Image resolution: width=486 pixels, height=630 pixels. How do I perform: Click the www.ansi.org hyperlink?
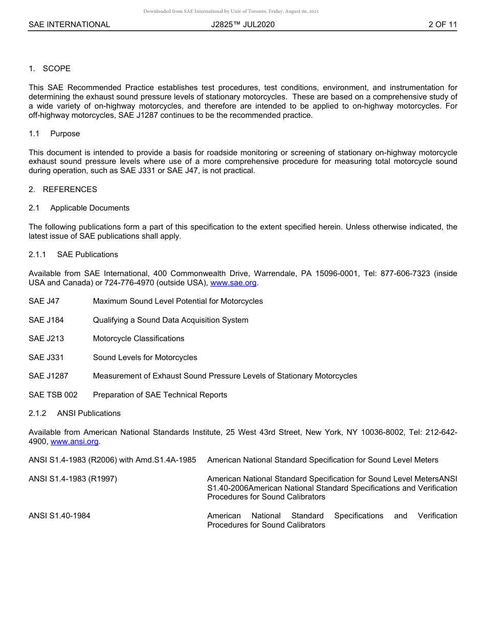click(x=75, y=442)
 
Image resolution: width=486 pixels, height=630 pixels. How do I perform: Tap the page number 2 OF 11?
click(x=443, y=25)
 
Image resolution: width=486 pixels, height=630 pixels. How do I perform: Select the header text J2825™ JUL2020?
click(x=242, y=25)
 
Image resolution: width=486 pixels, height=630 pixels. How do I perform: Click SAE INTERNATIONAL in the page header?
click(x=69, y=25)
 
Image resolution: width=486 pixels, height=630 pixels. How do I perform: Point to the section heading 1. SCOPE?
click(x=50, y=69)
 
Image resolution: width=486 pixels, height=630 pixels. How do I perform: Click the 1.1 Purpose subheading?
click(x=54, y=134)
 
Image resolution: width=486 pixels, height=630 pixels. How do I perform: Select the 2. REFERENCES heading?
click(x=62, y=190)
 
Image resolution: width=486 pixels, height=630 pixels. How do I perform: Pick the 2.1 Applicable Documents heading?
click(x=79, y=208)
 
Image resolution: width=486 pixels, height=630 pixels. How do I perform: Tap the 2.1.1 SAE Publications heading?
click(x=73, y=255)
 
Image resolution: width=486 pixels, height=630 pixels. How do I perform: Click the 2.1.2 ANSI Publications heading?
click(x=75, y=413)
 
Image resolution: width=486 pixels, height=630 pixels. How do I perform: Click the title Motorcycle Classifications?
click(x=138, y=339)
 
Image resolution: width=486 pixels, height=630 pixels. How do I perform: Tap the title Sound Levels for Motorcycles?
click(x=145, y=358)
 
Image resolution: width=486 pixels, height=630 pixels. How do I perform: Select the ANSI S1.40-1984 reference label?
click(x=59, y=516)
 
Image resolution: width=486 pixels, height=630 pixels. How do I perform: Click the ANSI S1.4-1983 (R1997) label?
click(x=73, y=479)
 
